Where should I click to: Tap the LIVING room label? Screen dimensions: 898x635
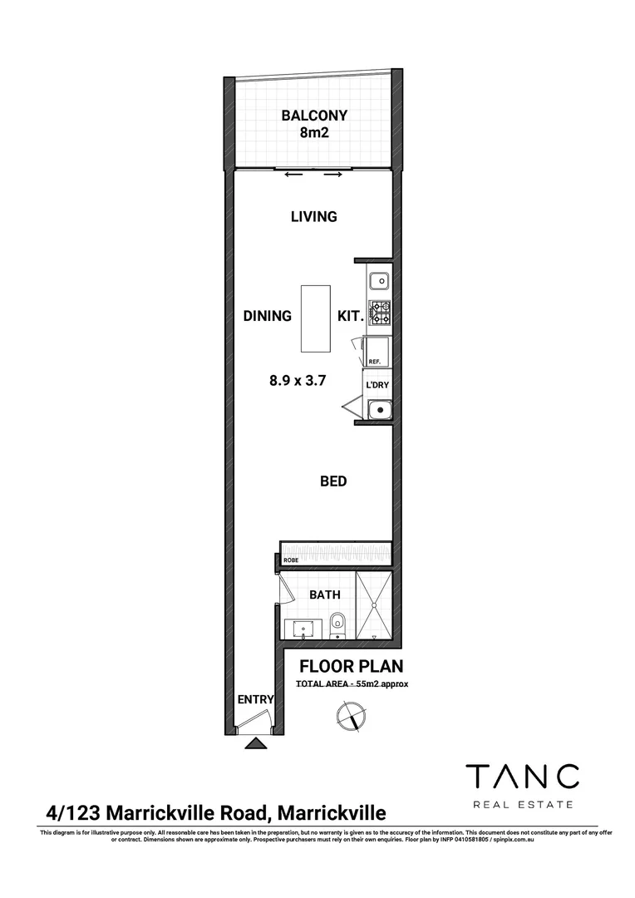click(x=313, y=217)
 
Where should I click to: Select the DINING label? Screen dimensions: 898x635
click(x=267, y=316)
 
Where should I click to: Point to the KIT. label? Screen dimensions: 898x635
click(x=348, y=316)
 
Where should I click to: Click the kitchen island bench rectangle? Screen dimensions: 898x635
click(x=314, y=319)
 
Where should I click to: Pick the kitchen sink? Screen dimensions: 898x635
click(x=378, y=279)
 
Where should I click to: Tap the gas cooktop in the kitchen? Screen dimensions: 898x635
click(x=379, y=312)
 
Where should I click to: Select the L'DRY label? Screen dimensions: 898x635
click(x=377, y=385)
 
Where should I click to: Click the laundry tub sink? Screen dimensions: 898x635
click(x=379, y=408)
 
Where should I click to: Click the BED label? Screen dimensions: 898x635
click(x=333, y=481)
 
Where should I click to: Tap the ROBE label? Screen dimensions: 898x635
click(x=291, y=560)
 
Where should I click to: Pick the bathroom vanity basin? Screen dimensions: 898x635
click(x=303, y=626)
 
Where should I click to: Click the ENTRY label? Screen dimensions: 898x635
click(x=255, y=699)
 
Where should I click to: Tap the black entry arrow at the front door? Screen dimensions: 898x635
click(x=255, y=744)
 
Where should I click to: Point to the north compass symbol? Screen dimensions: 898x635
click(x=349, y=715)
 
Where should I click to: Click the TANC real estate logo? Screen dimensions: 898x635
click(x=521, y=784)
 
